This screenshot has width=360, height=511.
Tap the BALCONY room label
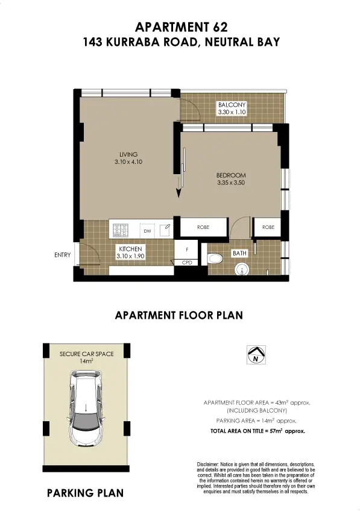tap(232, 105)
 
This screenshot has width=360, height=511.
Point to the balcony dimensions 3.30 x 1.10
tap(232, 112)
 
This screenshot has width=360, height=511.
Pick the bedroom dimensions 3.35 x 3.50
tap(231, 183)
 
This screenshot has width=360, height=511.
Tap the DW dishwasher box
tap(147, 230)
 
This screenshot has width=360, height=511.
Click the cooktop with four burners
tap(121, 230)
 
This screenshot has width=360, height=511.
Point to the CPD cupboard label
tap(187, 263)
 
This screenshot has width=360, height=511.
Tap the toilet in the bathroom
tap(214, 259)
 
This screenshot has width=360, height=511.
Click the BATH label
tap(240, 254)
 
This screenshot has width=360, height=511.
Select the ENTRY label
tap(62, 255)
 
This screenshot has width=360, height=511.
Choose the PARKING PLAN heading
tap(85, 493)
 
